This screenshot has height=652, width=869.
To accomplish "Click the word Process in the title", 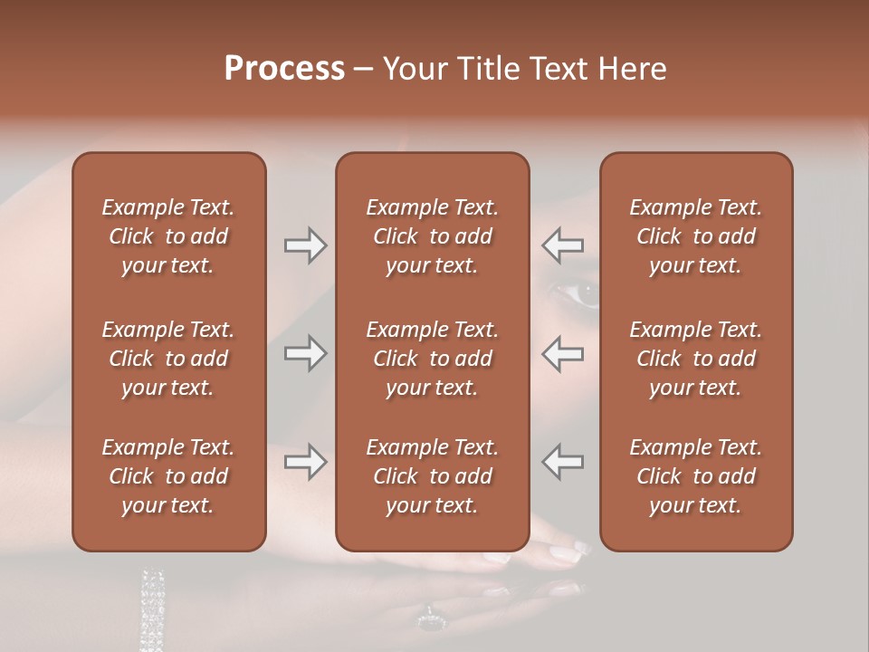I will click(x=284, y=69).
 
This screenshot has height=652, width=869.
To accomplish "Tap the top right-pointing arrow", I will click(x=306, y=245).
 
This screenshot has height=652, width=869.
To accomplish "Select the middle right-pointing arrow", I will click(x=306, y=353).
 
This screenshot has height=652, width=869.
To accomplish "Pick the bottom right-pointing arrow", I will click(x=306, y=462).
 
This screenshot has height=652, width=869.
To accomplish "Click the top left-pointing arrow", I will click(x=562, y=245).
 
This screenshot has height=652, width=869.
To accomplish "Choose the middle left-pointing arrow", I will click(x=562, y=353).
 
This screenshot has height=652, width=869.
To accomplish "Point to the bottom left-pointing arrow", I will click(x=562, y=462).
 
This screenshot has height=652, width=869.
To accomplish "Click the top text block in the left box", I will click(x=168, y=236).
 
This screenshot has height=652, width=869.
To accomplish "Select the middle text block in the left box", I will click(x=168, y=359).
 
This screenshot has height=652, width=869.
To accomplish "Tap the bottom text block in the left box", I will click(x=168, y=476).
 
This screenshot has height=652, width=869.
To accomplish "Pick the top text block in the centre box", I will click(x=432, y=236).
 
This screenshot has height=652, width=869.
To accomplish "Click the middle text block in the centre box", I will click(x=432, y=359).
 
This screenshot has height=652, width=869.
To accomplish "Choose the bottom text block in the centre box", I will click(x=432, y=476).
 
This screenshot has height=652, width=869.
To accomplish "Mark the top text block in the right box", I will click(x=696, y=236).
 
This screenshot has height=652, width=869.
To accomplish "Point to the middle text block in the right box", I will click(x=696, y=359).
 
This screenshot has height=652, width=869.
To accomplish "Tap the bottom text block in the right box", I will click(x=696, y=476).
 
